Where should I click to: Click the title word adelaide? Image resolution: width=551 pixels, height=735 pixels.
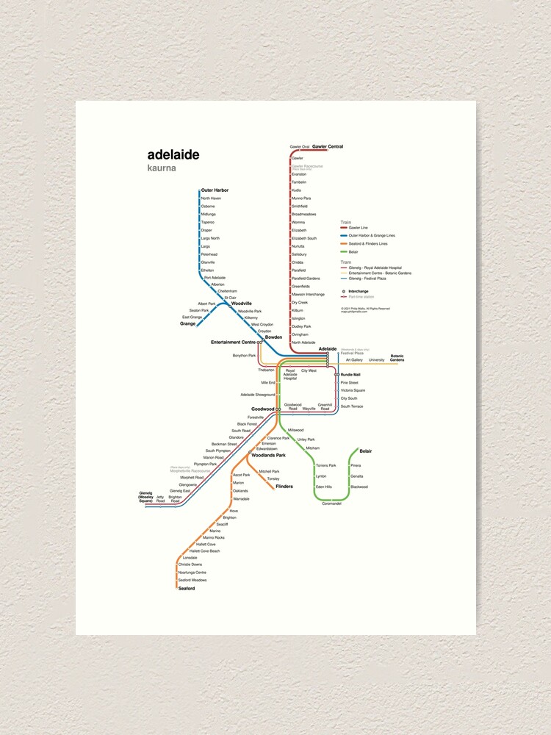coord(173,155)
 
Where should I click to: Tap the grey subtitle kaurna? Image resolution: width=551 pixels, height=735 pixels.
coord(162,168)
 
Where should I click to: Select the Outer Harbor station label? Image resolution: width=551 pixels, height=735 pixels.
coord(215,190)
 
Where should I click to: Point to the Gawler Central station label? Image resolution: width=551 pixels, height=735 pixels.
coord(328,147)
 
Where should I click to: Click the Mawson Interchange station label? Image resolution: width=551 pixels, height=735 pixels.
coord(308,294)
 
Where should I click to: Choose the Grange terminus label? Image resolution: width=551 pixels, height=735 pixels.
coord(188,323)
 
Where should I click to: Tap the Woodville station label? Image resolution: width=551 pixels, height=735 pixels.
coord(242,304)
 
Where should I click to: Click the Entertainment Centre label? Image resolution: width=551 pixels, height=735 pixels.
coord(233,342)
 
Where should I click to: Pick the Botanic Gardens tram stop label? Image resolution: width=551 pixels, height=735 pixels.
coord(397,358)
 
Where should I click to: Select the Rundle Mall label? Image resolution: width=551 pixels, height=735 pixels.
coord(350,375)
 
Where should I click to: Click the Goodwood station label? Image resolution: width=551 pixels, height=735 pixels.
coord(262,409)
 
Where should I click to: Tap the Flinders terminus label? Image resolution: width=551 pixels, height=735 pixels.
coord(284,487)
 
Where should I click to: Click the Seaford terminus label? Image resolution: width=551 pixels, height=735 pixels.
coord(187,588)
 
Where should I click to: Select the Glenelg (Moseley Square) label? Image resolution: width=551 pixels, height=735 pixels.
coord(145,498)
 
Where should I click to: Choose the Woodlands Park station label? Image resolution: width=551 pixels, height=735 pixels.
coord(268,456)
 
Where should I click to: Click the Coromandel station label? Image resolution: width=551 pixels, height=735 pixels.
coord(332,503)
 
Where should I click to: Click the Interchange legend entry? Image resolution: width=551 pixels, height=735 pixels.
coord(359,291)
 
